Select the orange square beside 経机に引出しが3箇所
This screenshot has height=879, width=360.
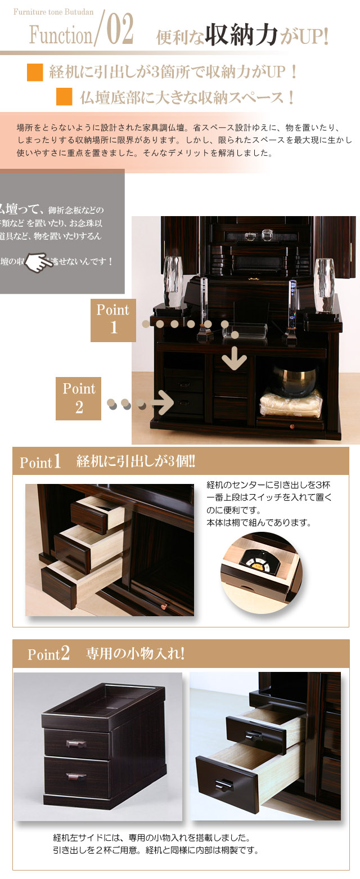[35, 72]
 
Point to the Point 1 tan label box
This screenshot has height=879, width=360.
[113, 320]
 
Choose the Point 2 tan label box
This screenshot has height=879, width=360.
[79, 398]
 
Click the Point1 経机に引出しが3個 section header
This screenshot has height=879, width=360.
[181, 462]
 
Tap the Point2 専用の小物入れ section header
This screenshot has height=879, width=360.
[181, 653]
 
